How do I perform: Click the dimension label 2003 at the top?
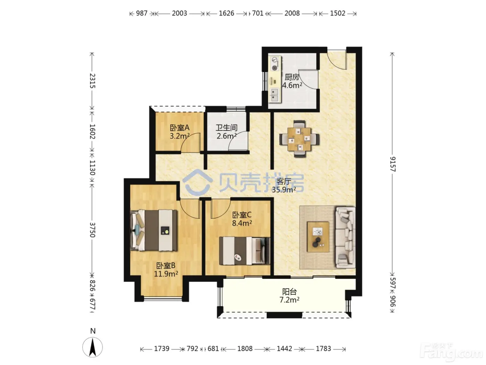tap(179, 13)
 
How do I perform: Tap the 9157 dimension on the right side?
tap(392, 164)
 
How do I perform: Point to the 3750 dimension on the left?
tap(92, 230)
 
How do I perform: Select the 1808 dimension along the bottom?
tap(245, 349)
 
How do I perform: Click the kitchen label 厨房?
tap(292, 77)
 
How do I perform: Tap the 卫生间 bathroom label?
tap(226, 128)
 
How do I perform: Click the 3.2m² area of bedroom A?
tap(179, 136)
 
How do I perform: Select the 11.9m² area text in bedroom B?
tap(166, 274)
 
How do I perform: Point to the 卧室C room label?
tap(242, 215)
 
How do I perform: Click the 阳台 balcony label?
tap(290, 292)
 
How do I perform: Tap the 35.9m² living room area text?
tap(284, 190)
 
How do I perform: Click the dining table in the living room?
tap(299, 139)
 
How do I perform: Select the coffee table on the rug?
tap(318, 237)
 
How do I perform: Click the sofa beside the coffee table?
tap(346, 237)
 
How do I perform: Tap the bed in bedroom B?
tap(154, 230)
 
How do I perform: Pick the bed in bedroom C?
tap(245, 251)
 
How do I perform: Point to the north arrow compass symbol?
tap(93, 347)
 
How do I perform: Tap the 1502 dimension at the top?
tap(338, 13)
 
